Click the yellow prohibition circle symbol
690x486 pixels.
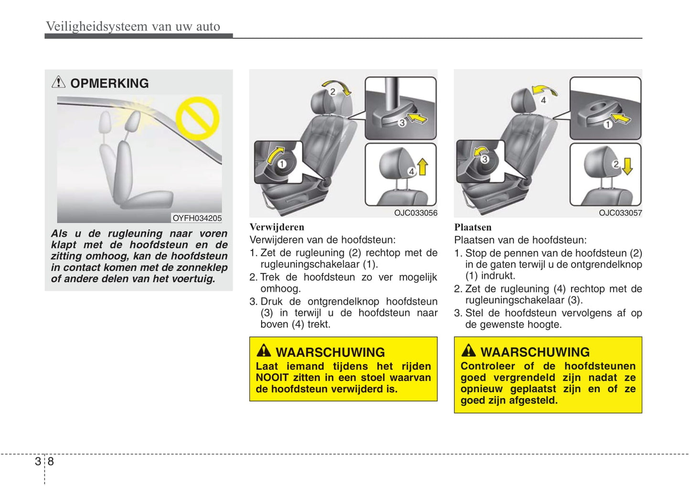coord(197,118)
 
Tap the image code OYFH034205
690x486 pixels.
coord(197,218)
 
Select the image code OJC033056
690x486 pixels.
coord(415,213)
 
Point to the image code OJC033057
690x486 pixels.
coord(620,213)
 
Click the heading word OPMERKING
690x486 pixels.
coord(109,83)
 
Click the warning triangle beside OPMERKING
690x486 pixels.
coord(58,82)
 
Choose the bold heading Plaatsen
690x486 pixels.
coord(472,227)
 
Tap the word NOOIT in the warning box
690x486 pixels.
coord(272,377)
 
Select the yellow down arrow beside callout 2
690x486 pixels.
coord(627,166)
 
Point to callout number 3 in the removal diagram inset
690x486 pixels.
coord(402,123)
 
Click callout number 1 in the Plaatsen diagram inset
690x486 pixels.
coord(607,124)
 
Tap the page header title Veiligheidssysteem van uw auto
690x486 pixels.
coord(133,26)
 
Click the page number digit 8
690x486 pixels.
coord(51,461)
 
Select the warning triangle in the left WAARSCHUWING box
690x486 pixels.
coord(264,351)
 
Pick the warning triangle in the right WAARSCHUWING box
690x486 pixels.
coord(468,351)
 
